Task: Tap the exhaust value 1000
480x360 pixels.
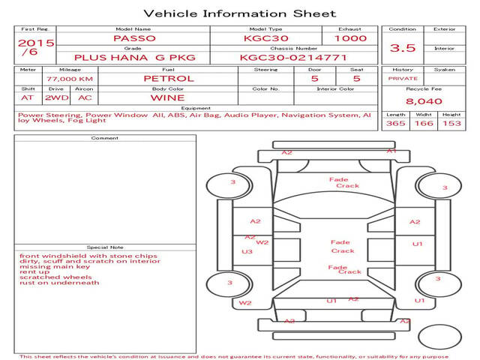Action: point(350,38)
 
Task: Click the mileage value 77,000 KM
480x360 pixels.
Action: point(70,79)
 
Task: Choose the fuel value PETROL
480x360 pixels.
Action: point(168,78)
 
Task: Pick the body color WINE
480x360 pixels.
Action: point(167,97)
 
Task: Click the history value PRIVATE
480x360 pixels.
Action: point(403,78)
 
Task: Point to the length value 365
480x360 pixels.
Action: point(395,123)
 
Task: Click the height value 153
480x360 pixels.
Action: point(451,123)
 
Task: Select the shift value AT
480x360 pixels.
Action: point(28,97)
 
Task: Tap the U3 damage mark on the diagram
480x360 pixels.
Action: point(247,252)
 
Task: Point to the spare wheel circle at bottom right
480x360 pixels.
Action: point(440,335)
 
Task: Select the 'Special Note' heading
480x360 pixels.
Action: point(104,247)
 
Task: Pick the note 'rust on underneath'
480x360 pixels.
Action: point(59,283)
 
